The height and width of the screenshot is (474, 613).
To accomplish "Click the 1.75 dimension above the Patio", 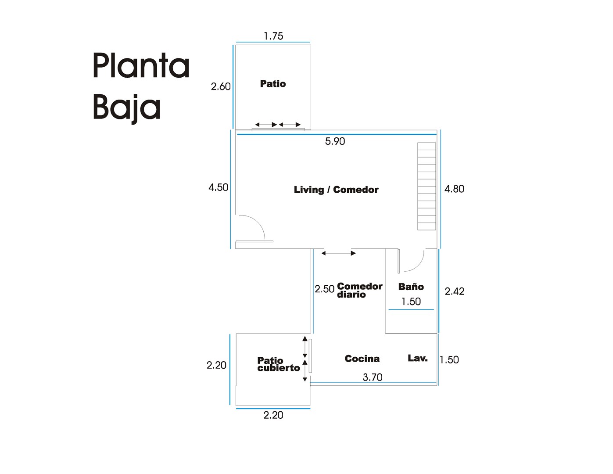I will [x=273, y=36].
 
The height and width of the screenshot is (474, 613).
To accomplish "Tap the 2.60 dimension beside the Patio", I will [x=221, y=86].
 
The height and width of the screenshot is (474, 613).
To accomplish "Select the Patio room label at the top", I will [x=273, y=84].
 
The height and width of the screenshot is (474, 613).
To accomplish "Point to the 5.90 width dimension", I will [x=335, y=141].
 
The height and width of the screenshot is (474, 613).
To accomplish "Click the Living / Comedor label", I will [x=336, y=190].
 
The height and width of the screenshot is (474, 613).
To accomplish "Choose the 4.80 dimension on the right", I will [x=454, y=189].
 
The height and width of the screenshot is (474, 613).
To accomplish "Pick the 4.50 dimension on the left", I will [x=219, y=187].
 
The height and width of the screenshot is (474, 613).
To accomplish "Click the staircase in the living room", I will [x=427, y=186].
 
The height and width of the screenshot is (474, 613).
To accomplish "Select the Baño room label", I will [x=411, y=287].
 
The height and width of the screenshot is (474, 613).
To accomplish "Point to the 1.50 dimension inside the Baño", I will [x=411, y=302].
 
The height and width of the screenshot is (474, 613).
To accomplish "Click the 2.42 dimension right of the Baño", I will [x=455, y=291].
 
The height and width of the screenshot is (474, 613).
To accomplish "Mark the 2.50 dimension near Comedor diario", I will [x=325, y=289].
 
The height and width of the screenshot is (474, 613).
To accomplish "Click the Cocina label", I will [x=362, y=359].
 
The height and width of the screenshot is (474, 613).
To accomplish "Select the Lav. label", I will [x=418, y=358].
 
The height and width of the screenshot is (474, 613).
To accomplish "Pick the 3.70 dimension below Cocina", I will [x=373, y=377].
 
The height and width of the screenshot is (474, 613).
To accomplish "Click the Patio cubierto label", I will [x=278, y=364].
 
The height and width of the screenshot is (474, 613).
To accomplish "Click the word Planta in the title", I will [x=141, y=66].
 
